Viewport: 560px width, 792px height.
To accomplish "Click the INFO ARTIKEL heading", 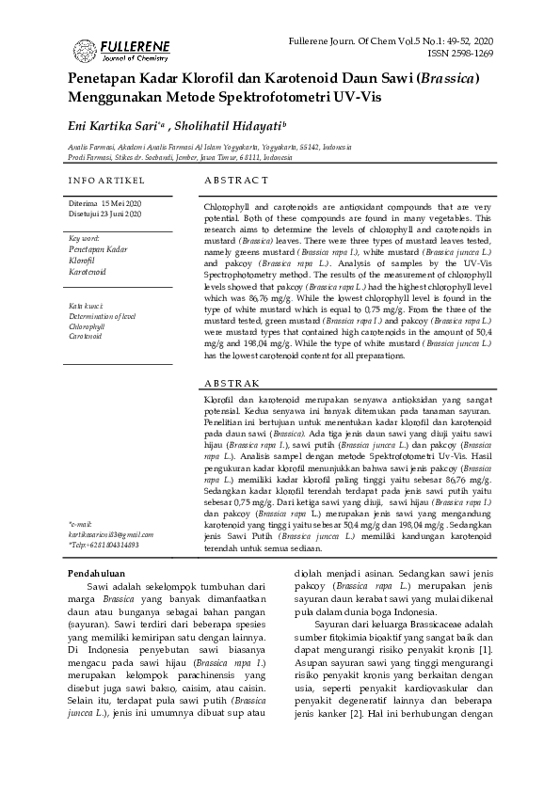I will click(x=106, y=179).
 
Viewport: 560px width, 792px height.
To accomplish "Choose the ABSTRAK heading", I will click(x=232, y=384).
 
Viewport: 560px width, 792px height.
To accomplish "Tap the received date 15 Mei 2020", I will click(x=121, y=204).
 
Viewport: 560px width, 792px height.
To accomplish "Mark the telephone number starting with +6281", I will click(x=106, y=545).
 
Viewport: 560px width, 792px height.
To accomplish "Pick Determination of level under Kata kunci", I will click(x=103, y=316).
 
